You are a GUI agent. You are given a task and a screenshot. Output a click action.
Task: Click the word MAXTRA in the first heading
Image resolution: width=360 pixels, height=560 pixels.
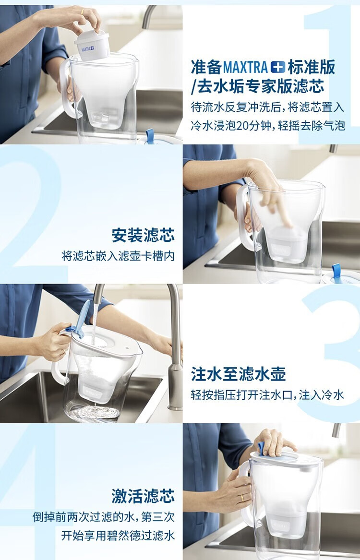245,67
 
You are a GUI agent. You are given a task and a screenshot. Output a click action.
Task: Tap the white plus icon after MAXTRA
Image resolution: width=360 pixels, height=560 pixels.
278,67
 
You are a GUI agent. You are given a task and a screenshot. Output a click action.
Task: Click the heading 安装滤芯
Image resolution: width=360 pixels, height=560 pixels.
143,235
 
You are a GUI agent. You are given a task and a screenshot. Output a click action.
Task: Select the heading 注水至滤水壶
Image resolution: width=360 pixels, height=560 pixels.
238,375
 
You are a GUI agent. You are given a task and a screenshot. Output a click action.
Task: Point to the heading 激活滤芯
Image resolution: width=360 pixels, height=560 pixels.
143,496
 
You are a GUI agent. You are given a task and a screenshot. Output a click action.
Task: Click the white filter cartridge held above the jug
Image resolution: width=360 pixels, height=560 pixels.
92,46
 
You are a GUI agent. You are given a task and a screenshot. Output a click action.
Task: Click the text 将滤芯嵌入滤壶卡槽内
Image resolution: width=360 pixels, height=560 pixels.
118,256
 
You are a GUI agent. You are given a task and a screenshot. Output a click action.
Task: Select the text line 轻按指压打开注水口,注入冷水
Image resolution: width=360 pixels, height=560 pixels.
267,395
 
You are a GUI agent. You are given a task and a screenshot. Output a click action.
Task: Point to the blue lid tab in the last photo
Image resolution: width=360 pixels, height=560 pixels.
262,448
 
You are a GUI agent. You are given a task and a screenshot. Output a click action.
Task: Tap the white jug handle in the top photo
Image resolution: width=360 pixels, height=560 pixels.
67,89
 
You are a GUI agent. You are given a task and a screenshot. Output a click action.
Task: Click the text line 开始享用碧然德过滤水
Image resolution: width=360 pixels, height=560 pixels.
118,536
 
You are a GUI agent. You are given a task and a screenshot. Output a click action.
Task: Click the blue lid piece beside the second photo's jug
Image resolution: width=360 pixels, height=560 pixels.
337,274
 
